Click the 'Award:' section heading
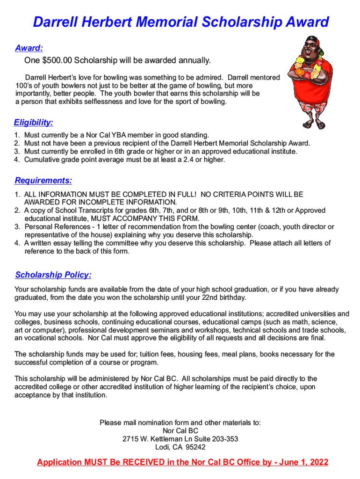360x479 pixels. [x=29, y=48]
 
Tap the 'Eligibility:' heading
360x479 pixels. [x=33, y=123]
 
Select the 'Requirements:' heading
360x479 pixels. [x=43, y=181]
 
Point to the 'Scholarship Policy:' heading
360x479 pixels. [x=53, y=275]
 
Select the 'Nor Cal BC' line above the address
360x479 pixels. [x=180, y=431]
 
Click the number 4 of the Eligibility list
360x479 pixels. [x=17, y=160]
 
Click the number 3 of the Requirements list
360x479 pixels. [x=17, y=227]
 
